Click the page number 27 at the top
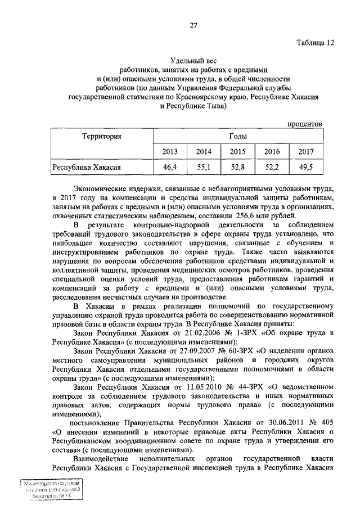193,25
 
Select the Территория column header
102,136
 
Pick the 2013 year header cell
170,152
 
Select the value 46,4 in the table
170,167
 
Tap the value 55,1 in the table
204,167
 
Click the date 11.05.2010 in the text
188,386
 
